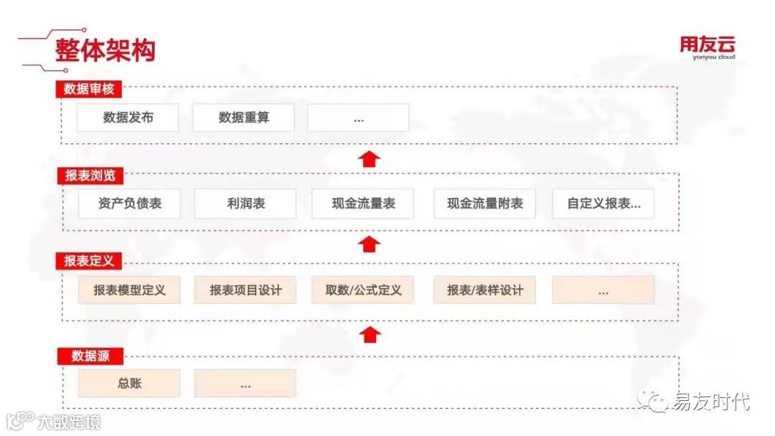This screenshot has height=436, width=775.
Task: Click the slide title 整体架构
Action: pos(105,50)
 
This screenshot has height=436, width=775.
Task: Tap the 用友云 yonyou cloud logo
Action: pos(708,48)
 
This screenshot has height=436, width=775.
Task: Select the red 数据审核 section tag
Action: pos(89,89)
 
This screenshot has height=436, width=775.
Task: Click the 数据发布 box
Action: pos(128,118)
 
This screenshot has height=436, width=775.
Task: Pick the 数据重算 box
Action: pos(243,118)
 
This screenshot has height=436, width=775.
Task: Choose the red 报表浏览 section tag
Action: pos(90,175)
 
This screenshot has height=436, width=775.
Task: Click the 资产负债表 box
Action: pos(129,204)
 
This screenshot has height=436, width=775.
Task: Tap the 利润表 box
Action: pos(245,204)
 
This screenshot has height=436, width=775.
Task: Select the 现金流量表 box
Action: pos(362,204)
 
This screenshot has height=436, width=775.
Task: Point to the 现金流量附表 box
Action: pos(484,204)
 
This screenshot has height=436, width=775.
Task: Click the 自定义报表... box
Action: pos(603,204)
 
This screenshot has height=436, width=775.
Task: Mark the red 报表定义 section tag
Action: pos(89,261)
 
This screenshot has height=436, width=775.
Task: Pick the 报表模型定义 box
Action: pos(129,290)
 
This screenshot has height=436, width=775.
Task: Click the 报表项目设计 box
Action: pos(245,290)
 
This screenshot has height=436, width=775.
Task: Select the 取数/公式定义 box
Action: pos(362,290)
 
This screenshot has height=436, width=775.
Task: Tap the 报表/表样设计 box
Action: pos(484,290)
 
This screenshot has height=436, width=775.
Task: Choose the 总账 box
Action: pos(129,384)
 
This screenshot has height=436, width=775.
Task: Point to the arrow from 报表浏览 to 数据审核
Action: pos(370,158)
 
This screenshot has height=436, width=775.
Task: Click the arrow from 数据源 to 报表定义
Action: pos(370,334)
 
